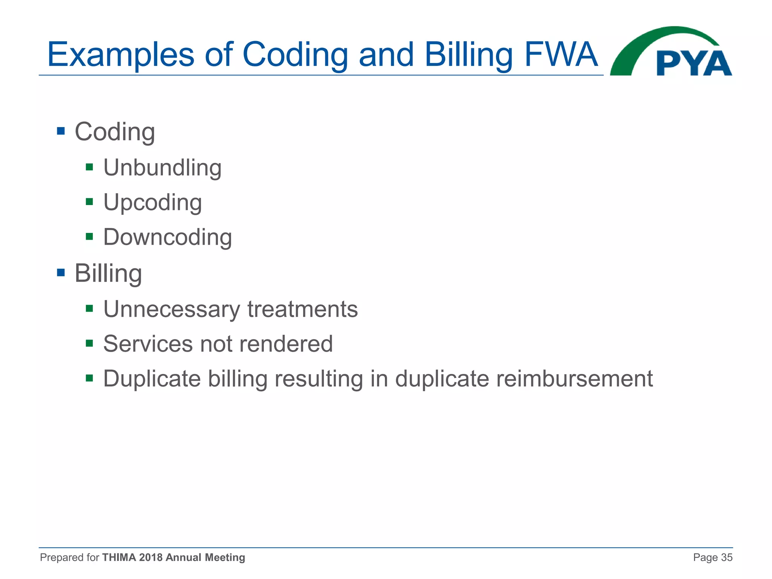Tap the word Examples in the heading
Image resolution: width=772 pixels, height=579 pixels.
tap(121, 55)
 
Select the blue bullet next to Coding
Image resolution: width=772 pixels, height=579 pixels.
tap(61, 131)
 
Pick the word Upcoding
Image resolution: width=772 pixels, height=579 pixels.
tap(153, 203)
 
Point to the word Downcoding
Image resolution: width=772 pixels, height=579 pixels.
tap(168, 237)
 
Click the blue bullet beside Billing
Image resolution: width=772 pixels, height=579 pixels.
tap(61, 272)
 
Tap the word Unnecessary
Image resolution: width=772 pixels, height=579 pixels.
tap(172, 309)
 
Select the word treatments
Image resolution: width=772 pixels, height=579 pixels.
tap(302, 309)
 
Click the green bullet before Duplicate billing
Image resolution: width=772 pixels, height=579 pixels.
tap(89, 378)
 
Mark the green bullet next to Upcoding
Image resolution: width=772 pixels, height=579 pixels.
tap(89, 202)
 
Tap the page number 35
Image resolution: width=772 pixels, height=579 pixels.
tap(726, 558)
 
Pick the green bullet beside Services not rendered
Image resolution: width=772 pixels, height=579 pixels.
tap(89, 343)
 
